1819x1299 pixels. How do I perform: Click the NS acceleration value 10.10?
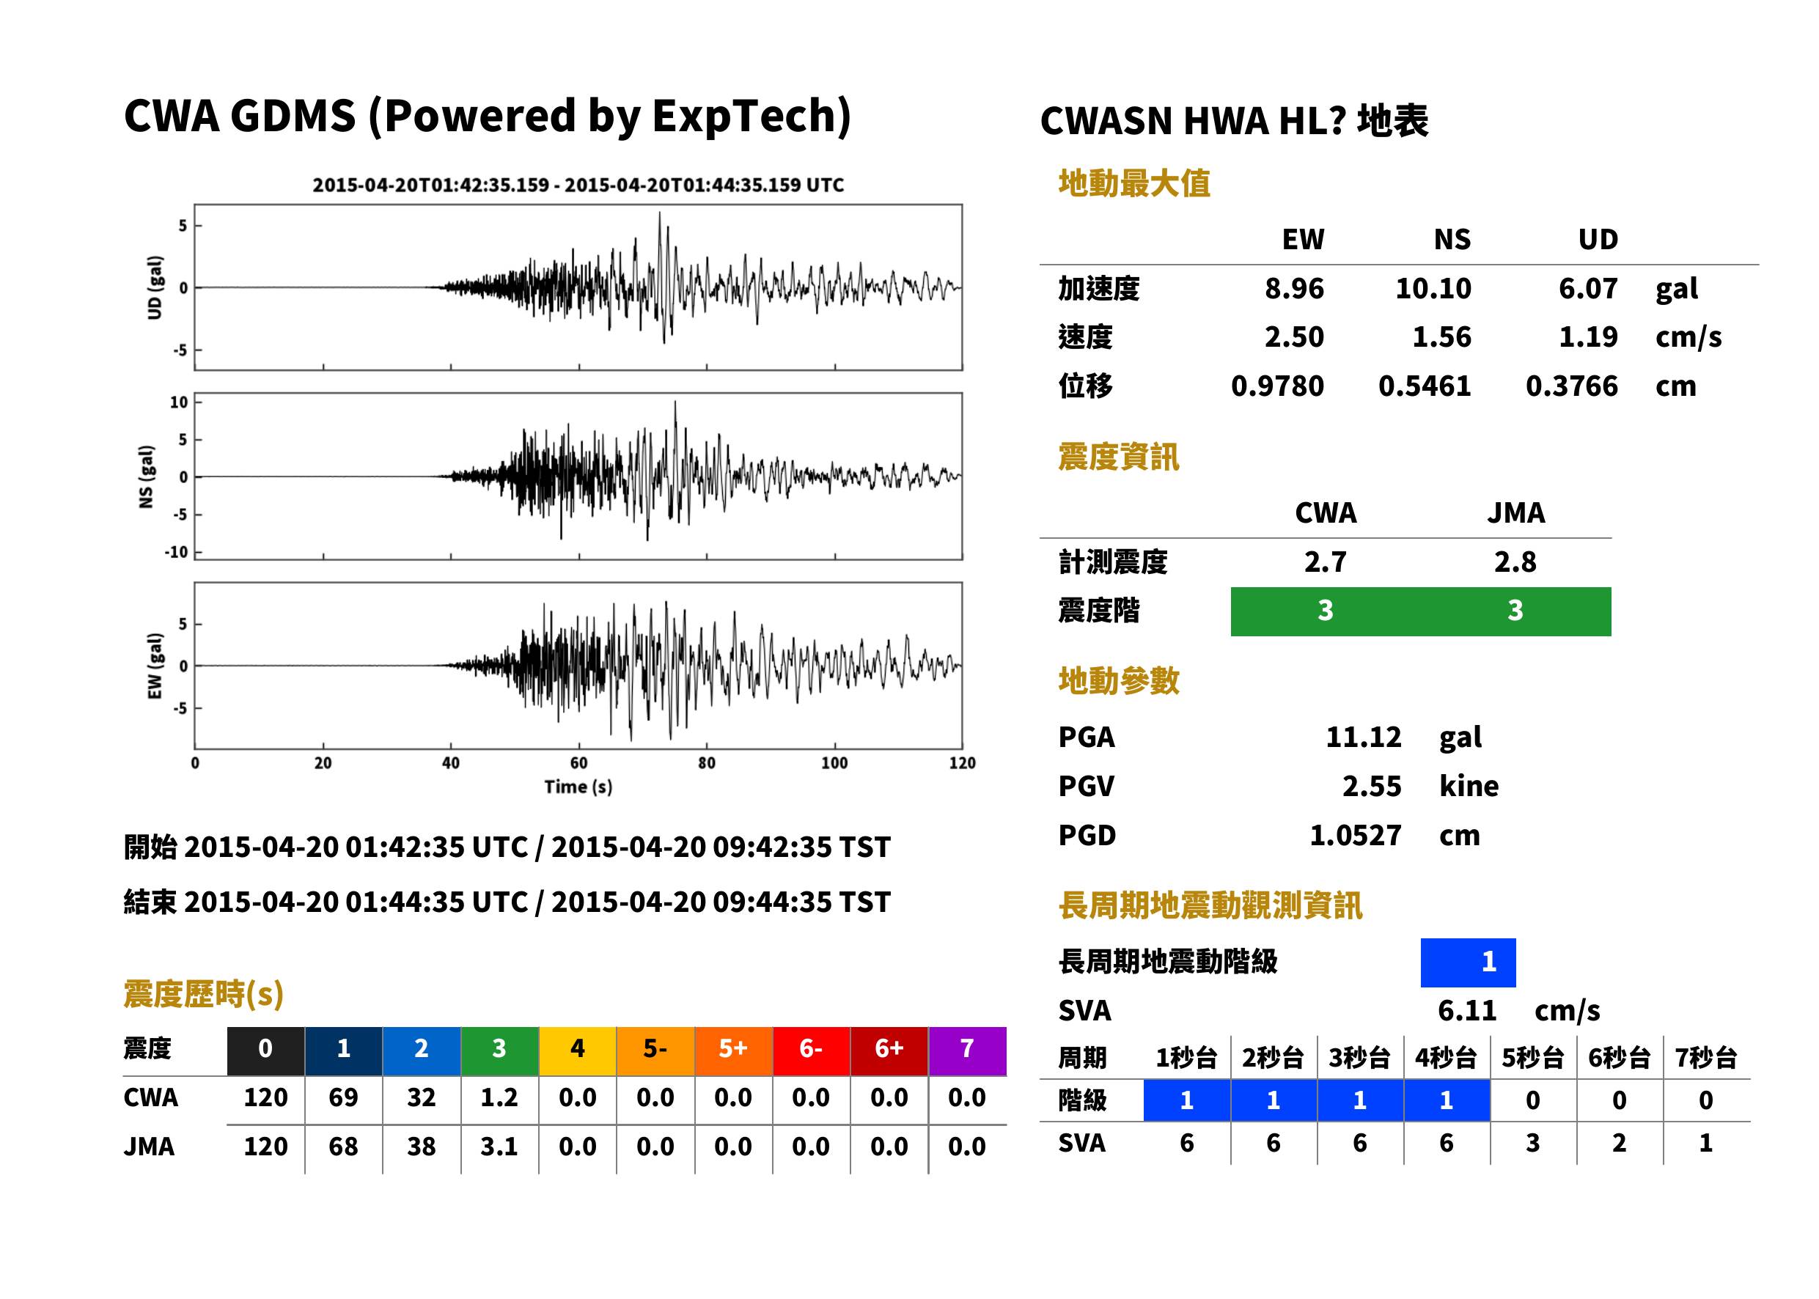(1433, 288)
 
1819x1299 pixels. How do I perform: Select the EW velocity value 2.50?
(1293, 336)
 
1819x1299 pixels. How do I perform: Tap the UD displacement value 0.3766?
(1571, 386)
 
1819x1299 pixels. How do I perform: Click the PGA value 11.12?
(1363, 737)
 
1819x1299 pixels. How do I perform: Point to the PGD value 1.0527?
(1355, 835)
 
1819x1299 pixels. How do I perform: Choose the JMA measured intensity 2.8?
(1515, 562)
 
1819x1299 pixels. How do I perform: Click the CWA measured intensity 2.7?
(1326, 562)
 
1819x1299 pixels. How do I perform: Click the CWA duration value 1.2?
(499, 1097)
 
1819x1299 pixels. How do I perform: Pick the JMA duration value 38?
(422, 1147)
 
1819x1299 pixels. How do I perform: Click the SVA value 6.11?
(1467, 1010)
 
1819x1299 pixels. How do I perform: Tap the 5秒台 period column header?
(1532, 1057)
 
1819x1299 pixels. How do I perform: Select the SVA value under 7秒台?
(1705, 1143)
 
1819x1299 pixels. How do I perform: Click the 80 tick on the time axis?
(706, 763)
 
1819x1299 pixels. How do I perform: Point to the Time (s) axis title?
(578, 787)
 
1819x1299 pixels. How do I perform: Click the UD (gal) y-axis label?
(155, 288)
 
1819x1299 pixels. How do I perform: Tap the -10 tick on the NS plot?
(177, 552)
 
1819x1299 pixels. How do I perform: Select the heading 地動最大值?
(1134, 183)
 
